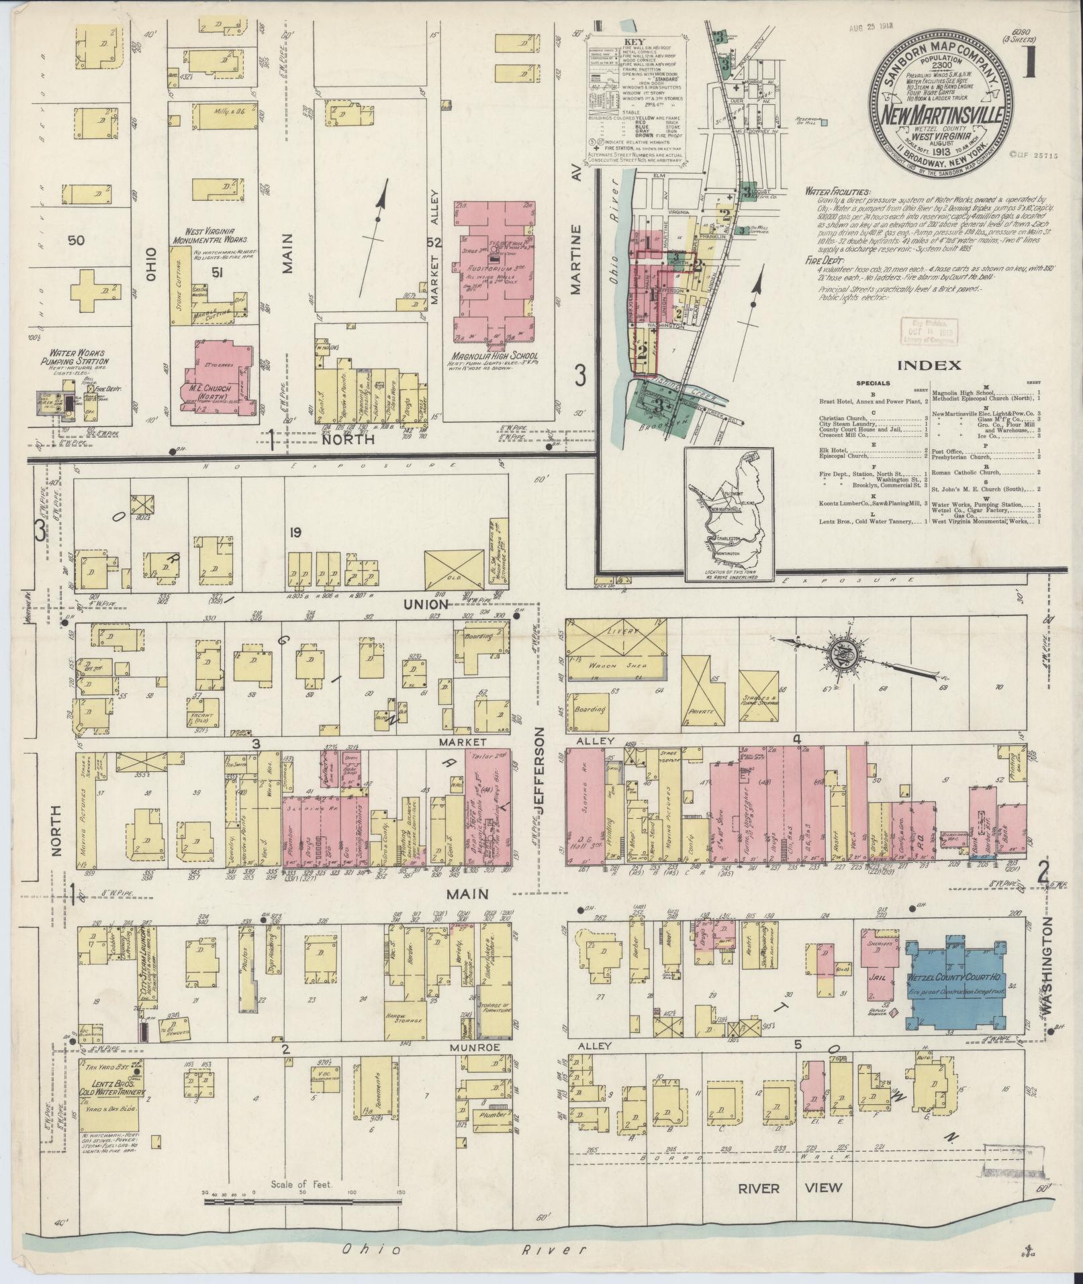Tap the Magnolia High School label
coord(496,355)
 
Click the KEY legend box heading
coord(634,41)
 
